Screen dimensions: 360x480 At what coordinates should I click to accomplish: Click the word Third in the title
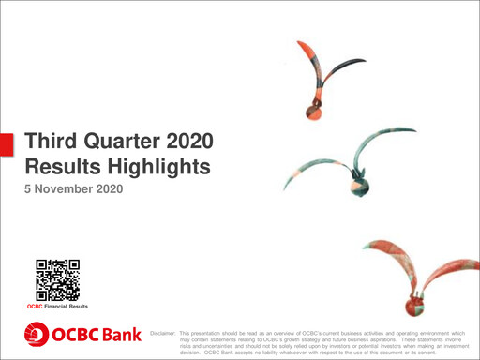click(50, 142)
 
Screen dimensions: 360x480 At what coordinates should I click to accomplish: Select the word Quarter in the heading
click(127, 142)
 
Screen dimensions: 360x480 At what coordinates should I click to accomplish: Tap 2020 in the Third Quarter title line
click(198, 142)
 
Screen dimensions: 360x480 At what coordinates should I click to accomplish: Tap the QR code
click(57, 279)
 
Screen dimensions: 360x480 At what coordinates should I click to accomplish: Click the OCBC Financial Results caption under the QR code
click(57, 307)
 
